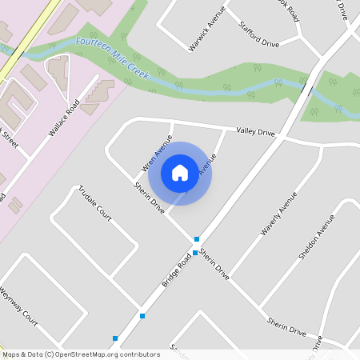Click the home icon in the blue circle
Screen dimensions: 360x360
tap(180, 173)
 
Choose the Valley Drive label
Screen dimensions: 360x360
tap(255, 131)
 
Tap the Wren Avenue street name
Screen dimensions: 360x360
tap(157, 153)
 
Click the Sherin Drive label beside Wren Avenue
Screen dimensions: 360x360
tap(149, 197)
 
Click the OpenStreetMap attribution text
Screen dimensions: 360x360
tap(81, 354)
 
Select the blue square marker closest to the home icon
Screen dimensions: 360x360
tap(197, 239)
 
